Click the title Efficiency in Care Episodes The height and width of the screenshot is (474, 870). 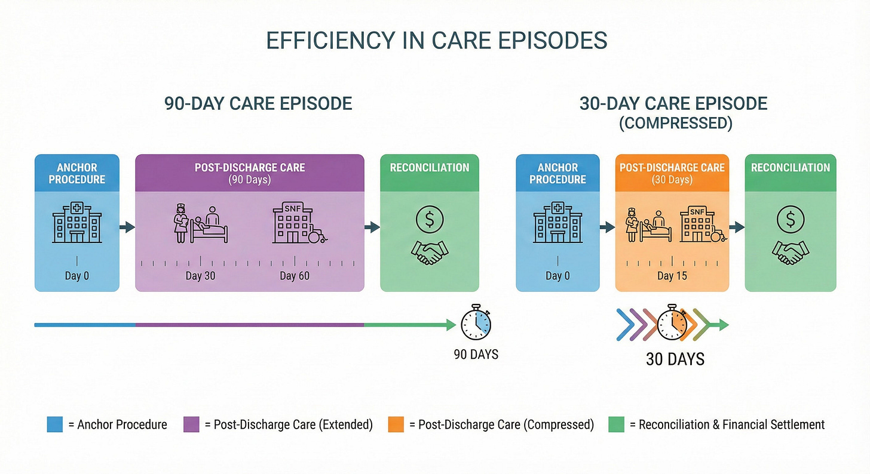coord(436,40)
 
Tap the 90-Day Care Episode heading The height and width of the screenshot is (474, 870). coord(258,103)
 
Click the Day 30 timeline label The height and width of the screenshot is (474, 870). coord(200,276)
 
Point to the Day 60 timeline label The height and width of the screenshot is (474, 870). coord(295,276)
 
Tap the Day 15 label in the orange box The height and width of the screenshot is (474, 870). coord(673,276)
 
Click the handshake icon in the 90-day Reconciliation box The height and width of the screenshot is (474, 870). coord(430,252)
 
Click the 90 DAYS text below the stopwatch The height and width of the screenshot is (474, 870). coord(476,355)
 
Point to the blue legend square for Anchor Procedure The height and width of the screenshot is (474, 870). coord(54,424)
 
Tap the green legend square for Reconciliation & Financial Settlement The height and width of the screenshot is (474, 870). coord(616,424)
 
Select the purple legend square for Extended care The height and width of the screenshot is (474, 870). coord(191,424)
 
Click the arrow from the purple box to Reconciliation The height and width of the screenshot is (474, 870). coord(372,227)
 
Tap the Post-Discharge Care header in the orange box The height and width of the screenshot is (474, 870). coord(672,168)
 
